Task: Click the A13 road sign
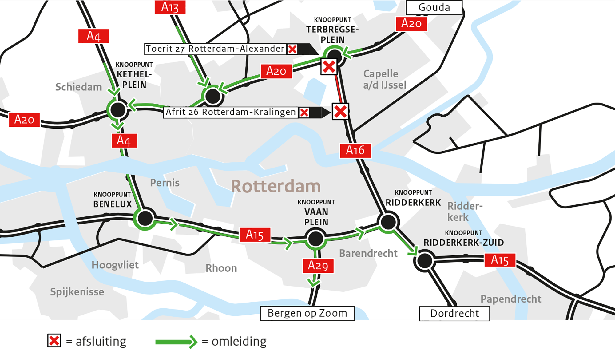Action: tap(170, 7)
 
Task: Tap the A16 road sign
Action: tap(355, 150)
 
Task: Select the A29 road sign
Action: tap(318, 266)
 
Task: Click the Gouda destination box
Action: tap(434, 7)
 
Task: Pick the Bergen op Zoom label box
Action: tap(307, 313)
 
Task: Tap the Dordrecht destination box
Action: tap(454, 313)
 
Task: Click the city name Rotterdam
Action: tap(276, 186)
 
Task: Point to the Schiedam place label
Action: tap(78, 87)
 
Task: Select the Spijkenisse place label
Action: tap(77, 291)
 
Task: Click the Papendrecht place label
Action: tap(510, 299)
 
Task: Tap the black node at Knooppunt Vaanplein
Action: tap(315, 239)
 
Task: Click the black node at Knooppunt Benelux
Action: tap(145, 218)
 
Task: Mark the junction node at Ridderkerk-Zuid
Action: tap(425, 260)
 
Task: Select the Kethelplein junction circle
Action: tap(118, 110)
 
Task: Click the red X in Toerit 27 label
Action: tap(292, 49)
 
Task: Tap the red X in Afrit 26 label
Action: tap(304, 112)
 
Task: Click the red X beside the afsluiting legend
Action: tap(54, 341)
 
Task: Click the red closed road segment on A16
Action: tap(339, 89)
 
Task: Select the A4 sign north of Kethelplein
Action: tap(93, 36)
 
